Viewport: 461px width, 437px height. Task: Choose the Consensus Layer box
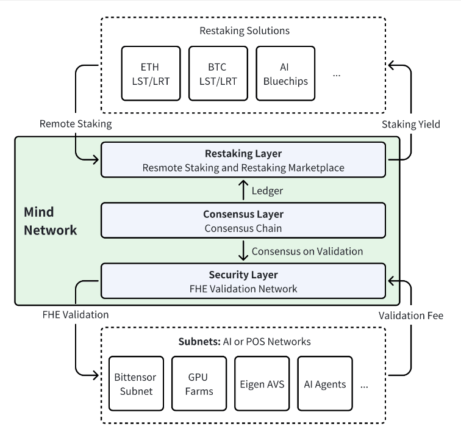coord(243,220)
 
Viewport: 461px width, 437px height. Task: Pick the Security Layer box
coord(243,281)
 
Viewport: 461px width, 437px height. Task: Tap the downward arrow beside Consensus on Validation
coord(244,251)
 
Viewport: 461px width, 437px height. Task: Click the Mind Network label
coord(47,221)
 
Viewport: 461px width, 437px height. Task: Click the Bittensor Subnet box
coord(135,384)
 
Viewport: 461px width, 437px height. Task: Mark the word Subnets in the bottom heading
coord(196,341)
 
